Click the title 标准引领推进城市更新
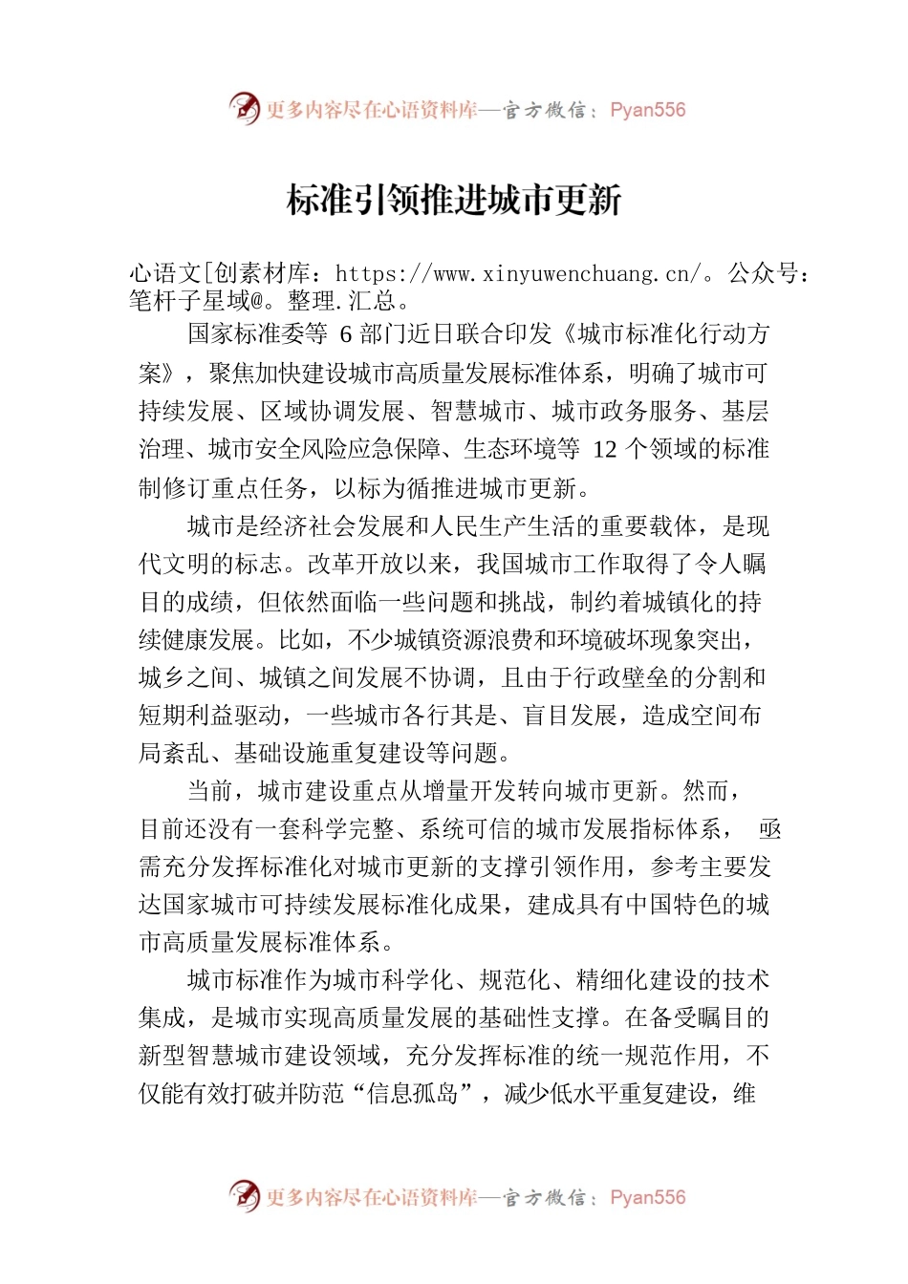[454, 200]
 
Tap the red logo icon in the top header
[245, 109]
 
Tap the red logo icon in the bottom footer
[245, 1196]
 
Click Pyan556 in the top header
[647, 110]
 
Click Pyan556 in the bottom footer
[647, 1197]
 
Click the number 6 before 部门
[346, 334]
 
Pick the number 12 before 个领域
[605, 449]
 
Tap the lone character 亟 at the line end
[768, 829]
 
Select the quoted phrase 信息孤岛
[414, 1094]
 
